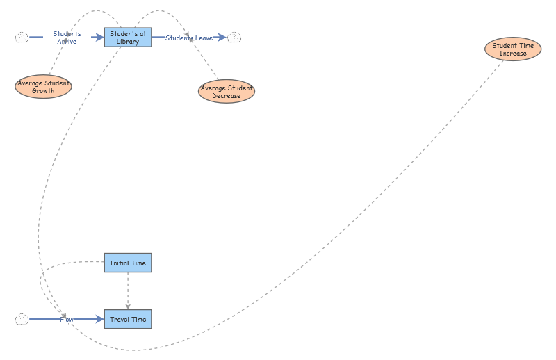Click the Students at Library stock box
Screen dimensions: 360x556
[128, 38]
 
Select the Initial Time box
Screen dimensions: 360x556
[128, 263]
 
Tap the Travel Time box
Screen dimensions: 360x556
[128, 319]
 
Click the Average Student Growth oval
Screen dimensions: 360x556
[44, 87]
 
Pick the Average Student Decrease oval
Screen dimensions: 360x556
[227, 92]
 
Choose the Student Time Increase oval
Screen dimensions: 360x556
[513, 49]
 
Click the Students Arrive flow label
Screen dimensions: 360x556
[67, 38]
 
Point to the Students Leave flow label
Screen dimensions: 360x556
[188, 38]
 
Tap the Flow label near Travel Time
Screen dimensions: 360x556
[66, 319]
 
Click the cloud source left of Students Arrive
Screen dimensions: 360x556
[22, 38]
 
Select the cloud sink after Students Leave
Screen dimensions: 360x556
[235, 38]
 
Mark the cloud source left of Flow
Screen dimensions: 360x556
[22, 319]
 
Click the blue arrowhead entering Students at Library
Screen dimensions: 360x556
[99, 38]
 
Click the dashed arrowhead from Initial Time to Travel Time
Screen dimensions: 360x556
[128, 305]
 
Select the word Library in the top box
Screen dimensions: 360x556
[128, 42]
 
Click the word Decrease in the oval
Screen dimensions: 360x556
[227, 96]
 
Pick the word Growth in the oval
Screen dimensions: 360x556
[43, 91]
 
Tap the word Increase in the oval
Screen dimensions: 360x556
[513, 54]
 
